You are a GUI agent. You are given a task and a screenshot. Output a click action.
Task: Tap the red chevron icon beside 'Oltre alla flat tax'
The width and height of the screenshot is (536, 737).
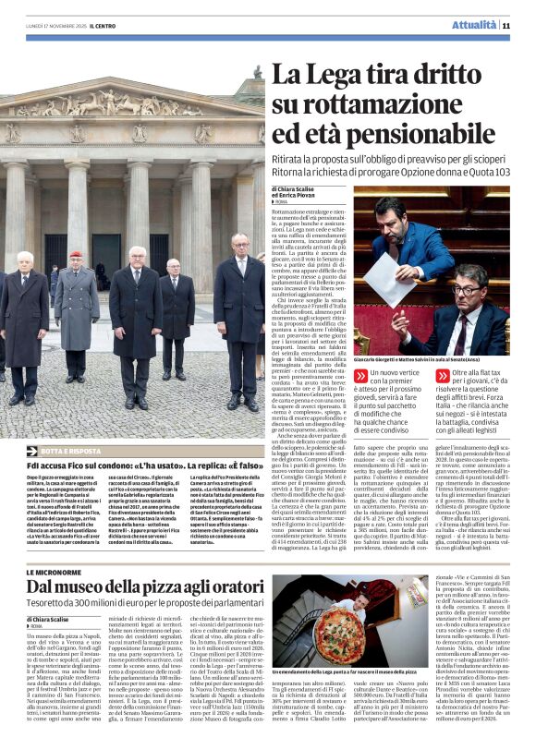[440, 376]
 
